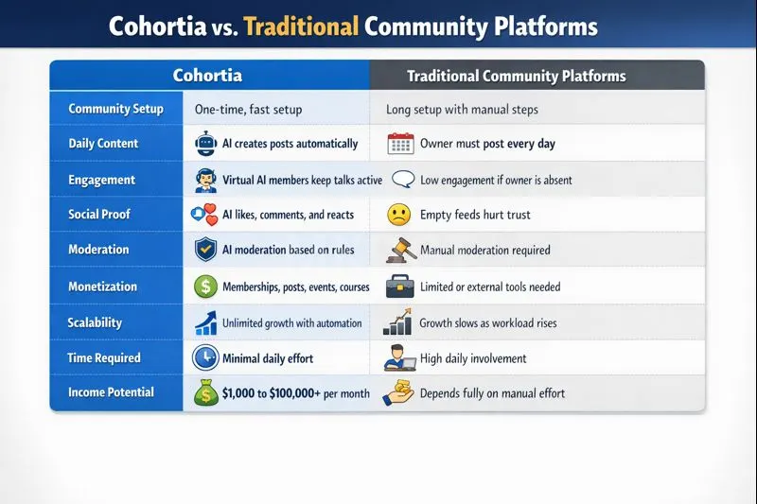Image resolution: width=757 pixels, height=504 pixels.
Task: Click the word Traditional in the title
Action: point(301,26)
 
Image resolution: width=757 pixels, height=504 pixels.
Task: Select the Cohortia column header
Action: point(207,75)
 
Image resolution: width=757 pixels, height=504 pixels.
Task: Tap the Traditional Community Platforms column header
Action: point(516,76)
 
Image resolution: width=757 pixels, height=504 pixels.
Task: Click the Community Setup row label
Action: point(115,109)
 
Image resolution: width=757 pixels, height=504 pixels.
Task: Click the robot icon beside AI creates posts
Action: point(205,144)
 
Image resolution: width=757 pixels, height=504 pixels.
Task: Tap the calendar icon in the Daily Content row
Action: point(401,144)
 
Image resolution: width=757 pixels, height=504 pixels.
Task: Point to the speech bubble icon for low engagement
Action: point(403,179)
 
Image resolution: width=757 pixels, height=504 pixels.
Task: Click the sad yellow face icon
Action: point(398,215)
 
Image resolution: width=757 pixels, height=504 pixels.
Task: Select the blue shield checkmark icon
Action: point(205,250)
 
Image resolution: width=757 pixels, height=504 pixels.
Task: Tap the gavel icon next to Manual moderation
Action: point(400,250)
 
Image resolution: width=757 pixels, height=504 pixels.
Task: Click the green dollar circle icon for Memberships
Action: point(205,287)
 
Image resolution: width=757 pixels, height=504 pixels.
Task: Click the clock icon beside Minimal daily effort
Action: point(204,357)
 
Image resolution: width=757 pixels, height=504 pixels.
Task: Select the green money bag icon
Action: point(205,393)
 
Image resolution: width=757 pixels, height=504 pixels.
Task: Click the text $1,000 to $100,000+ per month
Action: point(296,393)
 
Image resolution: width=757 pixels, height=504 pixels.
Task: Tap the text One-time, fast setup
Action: point(248,110)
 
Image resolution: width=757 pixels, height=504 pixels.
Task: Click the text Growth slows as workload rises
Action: point(488,322)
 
